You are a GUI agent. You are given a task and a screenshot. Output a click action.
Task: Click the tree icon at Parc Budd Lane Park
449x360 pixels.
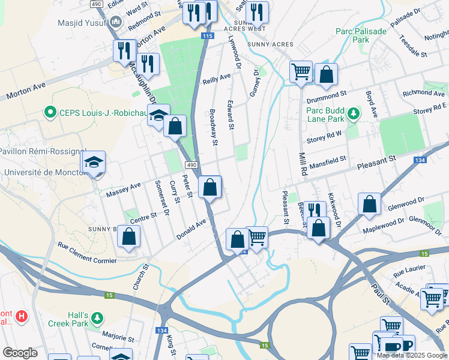354,113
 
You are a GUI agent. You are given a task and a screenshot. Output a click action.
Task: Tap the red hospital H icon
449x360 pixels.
22,316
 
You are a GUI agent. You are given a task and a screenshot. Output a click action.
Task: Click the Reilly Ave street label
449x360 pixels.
217,78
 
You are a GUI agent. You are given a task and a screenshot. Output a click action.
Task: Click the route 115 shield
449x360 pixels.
207,37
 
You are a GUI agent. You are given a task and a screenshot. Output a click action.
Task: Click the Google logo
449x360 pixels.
20,353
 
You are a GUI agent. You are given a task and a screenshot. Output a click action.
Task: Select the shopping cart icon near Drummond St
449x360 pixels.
301,72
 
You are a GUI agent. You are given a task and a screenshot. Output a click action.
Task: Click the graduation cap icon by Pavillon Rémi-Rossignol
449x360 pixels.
93,163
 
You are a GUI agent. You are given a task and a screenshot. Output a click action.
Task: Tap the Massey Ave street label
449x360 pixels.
123,190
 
